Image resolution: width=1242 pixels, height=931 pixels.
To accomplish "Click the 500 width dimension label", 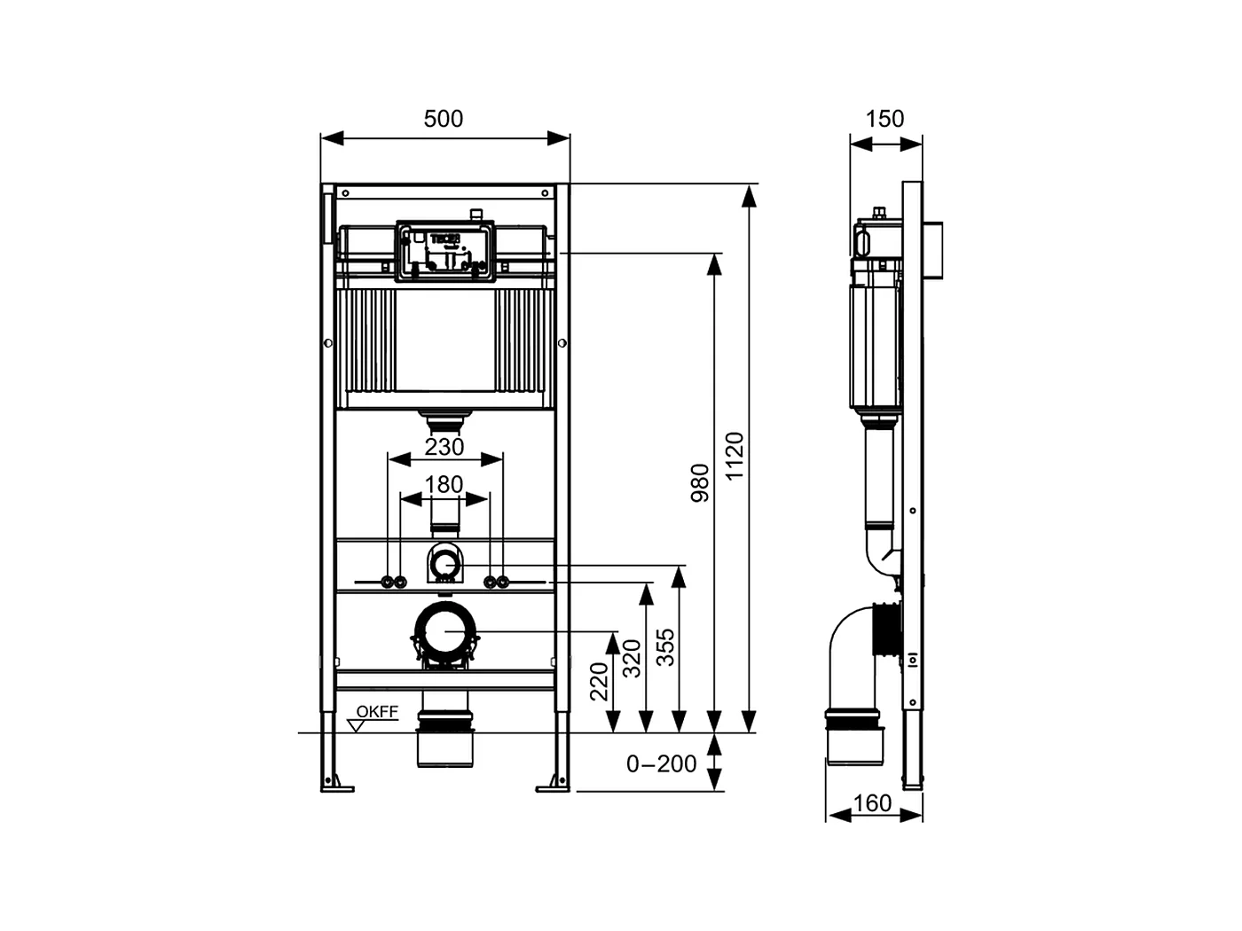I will (x=444, y=119).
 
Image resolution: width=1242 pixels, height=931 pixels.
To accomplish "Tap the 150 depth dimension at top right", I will (x=884, y=119).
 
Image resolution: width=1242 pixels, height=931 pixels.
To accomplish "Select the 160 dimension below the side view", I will (x=872, y=803).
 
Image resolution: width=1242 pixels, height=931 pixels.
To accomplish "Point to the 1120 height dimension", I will (x=735, y=456).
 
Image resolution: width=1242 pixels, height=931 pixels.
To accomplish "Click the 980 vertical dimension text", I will (x=701, y=482).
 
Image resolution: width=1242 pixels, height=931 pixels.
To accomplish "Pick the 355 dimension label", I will (x=665, y=647).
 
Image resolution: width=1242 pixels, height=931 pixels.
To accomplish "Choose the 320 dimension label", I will (x=632, y=658).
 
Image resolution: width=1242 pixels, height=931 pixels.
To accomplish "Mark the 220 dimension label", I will (x=600, y=681).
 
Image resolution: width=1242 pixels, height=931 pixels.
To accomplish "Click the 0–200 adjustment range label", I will (x=661, y=763).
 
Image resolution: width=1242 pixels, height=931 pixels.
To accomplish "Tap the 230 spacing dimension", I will (x=444, y=447).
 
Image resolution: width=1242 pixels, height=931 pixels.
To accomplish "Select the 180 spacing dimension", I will (x=444, y=484).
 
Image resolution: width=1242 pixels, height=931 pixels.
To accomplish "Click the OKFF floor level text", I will (x=377, y=712).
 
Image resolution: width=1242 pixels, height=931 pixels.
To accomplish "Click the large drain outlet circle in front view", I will (x=445, y=631).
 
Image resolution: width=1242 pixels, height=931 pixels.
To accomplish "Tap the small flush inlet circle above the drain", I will (x=444, y=563).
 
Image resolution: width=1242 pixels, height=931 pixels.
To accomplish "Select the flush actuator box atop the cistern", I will (x=444, y=250).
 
